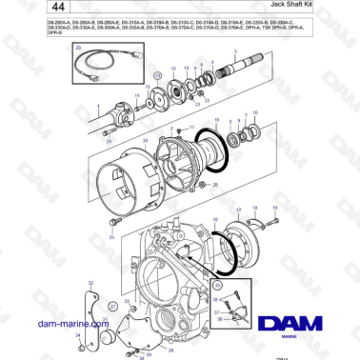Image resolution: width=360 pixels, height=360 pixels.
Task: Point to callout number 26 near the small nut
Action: tap(215, 184)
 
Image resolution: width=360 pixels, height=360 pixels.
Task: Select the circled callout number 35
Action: tap(215, 284)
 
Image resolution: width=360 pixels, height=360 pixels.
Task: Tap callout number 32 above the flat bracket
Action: tap(90, 283)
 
